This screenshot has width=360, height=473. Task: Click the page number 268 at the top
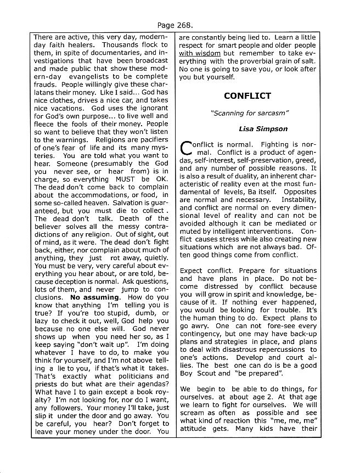pos(188,25)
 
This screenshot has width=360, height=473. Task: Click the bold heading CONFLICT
pos(247,96)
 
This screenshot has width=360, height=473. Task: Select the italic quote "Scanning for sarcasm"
pos(247,113)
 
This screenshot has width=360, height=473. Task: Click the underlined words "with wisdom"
pos(200,53)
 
